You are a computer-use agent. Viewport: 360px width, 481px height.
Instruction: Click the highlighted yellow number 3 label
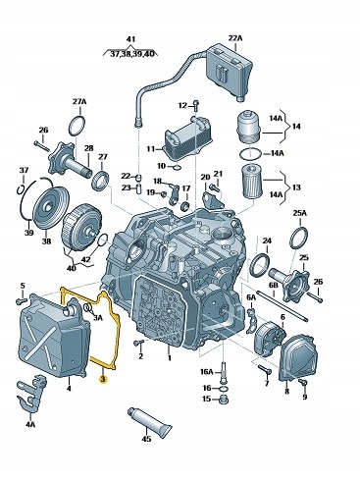click(103, 379)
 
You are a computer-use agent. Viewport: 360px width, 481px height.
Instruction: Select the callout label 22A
click(235, 38)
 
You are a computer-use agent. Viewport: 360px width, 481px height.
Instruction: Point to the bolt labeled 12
click(195, 105)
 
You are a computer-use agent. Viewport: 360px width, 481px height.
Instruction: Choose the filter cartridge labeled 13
click(251, 182)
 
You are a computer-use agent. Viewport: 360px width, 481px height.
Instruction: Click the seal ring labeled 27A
click(77, 126)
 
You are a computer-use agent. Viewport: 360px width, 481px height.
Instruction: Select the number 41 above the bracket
click(130, 39)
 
